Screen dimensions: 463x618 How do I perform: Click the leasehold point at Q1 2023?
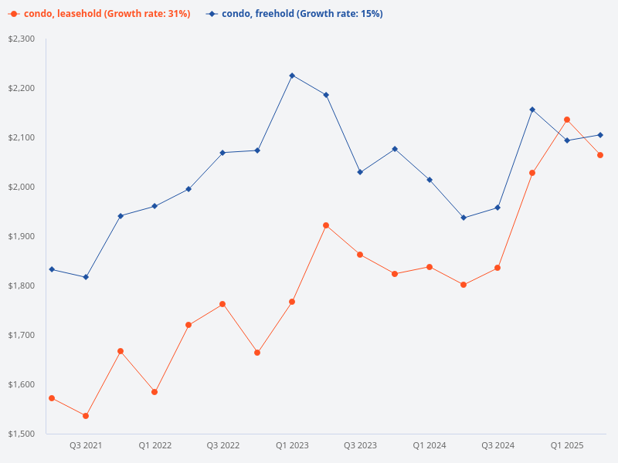tap(292, 302)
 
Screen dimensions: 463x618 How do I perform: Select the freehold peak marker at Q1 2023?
tap(292, 76)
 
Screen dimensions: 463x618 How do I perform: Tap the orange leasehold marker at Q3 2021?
tap(86, 416)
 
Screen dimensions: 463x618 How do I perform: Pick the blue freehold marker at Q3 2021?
tap(86, 277)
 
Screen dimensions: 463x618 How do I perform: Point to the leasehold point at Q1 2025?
tap(567, 120)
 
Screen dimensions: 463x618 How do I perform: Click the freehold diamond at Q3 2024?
tap(497, 208)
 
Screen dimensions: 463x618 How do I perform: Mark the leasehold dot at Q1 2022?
tap(154, 392)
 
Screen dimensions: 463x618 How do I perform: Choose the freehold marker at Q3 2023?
tap(360, 172)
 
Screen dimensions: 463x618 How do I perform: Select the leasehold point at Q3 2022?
tap(222, 304)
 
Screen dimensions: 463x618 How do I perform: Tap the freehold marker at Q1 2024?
tap(430, 180)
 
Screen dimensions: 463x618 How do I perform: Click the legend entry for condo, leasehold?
tap(100, 14)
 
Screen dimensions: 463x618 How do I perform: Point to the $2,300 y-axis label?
tap(22, 39)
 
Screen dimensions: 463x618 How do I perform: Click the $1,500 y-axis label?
tap(22, 434)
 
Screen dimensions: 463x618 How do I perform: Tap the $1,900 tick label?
tap(22, 236)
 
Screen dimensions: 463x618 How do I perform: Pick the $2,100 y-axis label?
tap(22, 137)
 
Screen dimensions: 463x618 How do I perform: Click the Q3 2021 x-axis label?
tap(86, 446)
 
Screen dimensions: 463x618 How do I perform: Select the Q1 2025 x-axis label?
tap(567, 446)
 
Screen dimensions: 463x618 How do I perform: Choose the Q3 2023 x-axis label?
tap(360, 446)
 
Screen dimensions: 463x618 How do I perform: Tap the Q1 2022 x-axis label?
tap(154, 446)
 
